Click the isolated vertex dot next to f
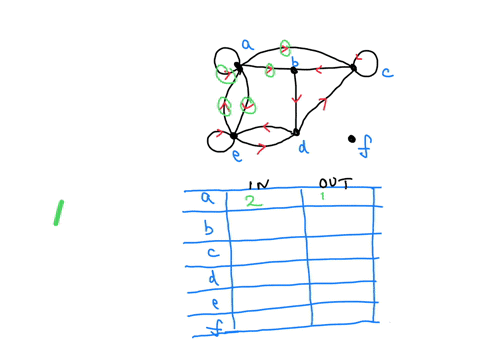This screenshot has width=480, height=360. point(351,139)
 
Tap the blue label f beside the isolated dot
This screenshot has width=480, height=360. point(364,151)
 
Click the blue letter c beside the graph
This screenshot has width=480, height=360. point(386,71)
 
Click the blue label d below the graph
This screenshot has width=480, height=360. point(301,147)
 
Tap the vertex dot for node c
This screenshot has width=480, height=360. point(353,67)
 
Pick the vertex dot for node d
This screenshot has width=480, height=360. point(296,131)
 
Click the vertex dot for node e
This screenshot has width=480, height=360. point(233,135)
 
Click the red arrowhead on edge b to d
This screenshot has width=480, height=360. point(295,100)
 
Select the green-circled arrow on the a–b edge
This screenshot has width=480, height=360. point(270,70)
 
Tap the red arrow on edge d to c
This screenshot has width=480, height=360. point(323,103)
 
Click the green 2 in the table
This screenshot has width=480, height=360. point(254,200)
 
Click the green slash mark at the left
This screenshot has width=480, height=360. point(58,212)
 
